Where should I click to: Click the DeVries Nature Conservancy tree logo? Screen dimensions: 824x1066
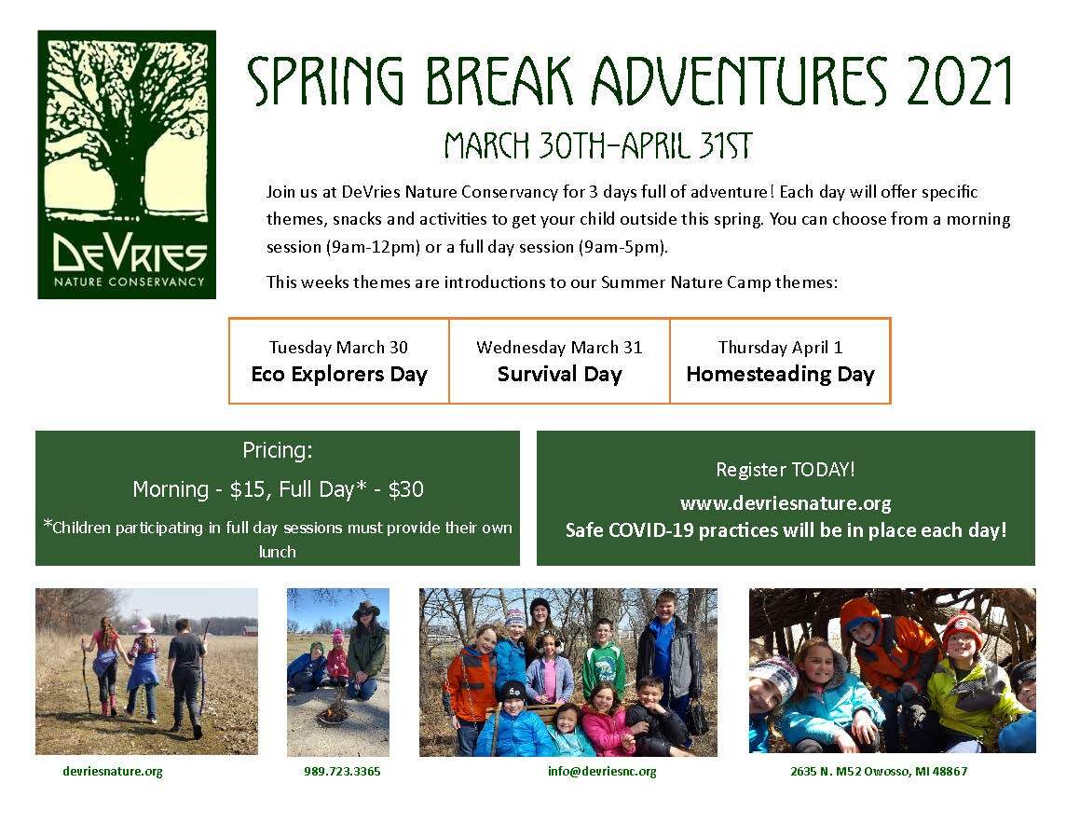[x=127, y=165]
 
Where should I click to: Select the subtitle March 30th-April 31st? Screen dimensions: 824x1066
[x=597, y=146]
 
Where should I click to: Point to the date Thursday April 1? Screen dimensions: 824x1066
[x=780, y=348]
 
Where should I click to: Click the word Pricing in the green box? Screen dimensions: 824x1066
[x=277, y=451]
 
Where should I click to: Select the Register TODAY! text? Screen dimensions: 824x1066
[x=785, y=470]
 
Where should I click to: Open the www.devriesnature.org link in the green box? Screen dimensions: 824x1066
[x=785, y=504]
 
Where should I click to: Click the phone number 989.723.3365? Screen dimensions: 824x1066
[x=342, y=772]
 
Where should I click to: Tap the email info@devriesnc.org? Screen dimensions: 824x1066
[x=602, y=772]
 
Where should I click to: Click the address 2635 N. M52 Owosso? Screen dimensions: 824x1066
[x=879, y=772]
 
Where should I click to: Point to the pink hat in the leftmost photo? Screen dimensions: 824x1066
[x=144, y=626]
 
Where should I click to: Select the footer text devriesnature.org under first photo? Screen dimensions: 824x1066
[x=113, y=772]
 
